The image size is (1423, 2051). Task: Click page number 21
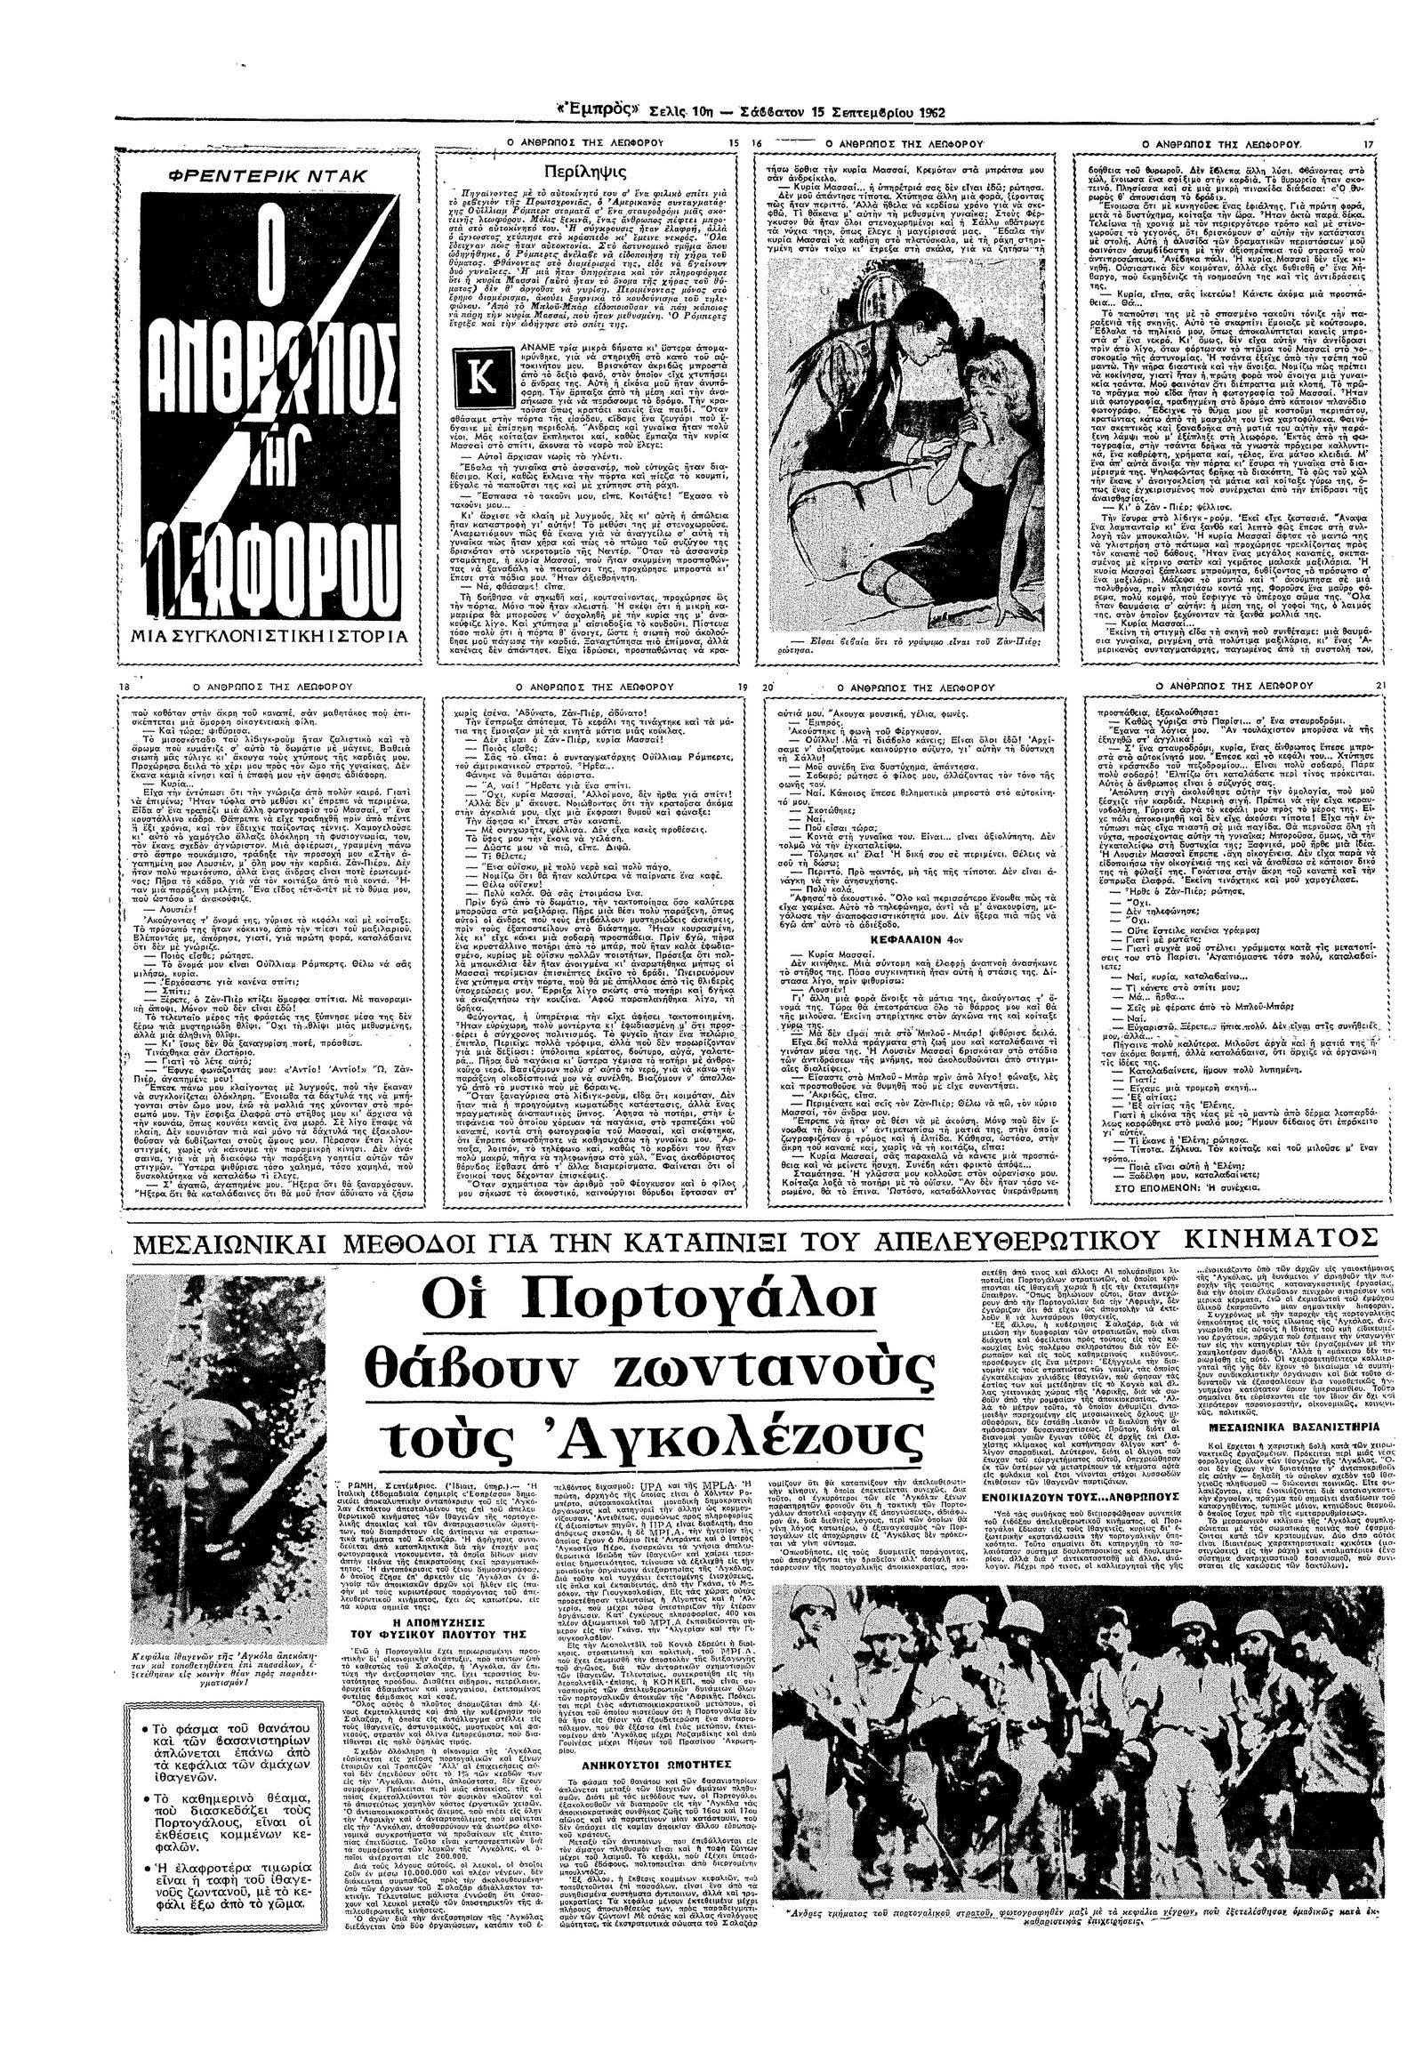(1381, 685)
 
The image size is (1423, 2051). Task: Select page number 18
(125, 686)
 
